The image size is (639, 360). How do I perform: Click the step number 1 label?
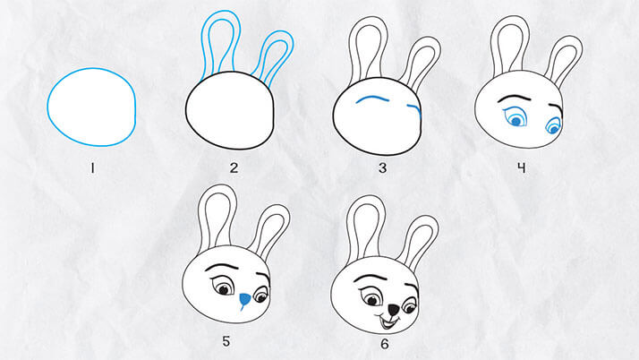coord(92,168)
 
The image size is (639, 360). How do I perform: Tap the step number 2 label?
coord(234,168)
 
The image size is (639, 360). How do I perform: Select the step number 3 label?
coord(382,168)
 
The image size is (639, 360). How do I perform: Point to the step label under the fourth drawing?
coord(521,168)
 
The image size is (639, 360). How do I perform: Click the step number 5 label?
coord(226,341)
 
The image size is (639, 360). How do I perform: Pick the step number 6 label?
coord(384,344)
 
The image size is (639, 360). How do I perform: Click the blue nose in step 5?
coord(244,301)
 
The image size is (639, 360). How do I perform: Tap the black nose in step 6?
coord(393,310)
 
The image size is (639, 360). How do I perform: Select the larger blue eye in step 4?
coord(515,117)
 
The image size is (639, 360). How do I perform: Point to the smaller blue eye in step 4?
coord(553,125)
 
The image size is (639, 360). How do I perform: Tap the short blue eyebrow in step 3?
coord(414,107)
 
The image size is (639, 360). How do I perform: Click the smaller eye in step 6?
coord(409,305)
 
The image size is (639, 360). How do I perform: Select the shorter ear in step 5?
coord(269,232)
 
